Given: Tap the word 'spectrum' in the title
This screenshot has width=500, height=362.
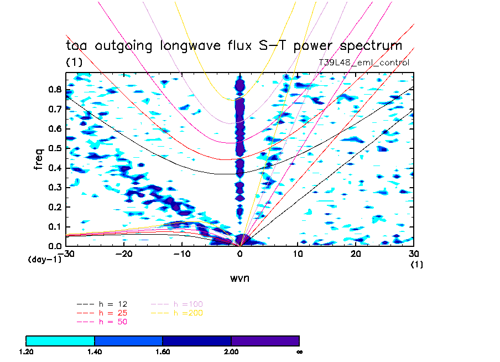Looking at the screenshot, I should [368, 46].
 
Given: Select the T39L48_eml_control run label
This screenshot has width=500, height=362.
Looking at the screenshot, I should [364, 63].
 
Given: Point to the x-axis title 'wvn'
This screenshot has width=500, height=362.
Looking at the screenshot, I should [239, 278].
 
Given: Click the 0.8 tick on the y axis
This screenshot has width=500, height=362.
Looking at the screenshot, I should [55, 89].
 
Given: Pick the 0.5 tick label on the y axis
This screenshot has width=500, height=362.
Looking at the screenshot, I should [55, 148].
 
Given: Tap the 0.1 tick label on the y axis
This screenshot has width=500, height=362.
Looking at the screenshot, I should [55, 226].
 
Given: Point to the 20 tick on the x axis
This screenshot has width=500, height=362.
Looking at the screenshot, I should [356, 254].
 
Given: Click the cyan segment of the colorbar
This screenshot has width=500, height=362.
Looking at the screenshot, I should [60, 340].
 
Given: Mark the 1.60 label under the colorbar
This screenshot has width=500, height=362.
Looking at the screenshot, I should [163, 351].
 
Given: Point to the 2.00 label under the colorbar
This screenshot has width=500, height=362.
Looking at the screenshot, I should [231, 351].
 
